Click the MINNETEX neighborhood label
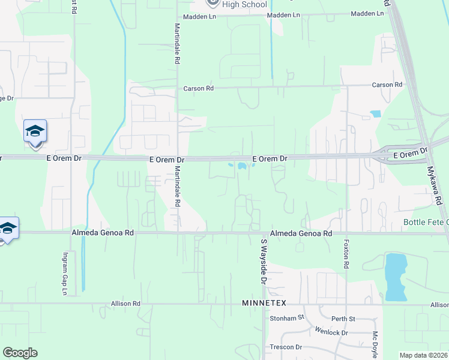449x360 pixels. point(265,304)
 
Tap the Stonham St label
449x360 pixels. point(288,318)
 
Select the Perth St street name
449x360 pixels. point(344,318)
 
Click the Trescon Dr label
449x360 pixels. point(286,347)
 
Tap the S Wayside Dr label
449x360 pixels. point(263,261)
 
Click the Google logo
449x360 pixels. point(20,353)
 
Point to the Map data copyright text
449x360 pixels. point(423,355)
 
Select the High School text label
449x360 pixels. point(244,5)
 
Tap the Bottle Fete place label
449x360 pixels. point(426,223)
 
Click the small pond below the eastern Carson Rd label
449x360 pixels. point(376,113)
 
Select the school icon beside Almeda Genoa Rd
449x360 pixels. point(7,229)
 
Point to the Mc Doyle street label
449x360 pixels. point(375,344)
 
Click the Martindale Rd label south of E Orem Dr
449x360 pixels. point(177,187)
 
